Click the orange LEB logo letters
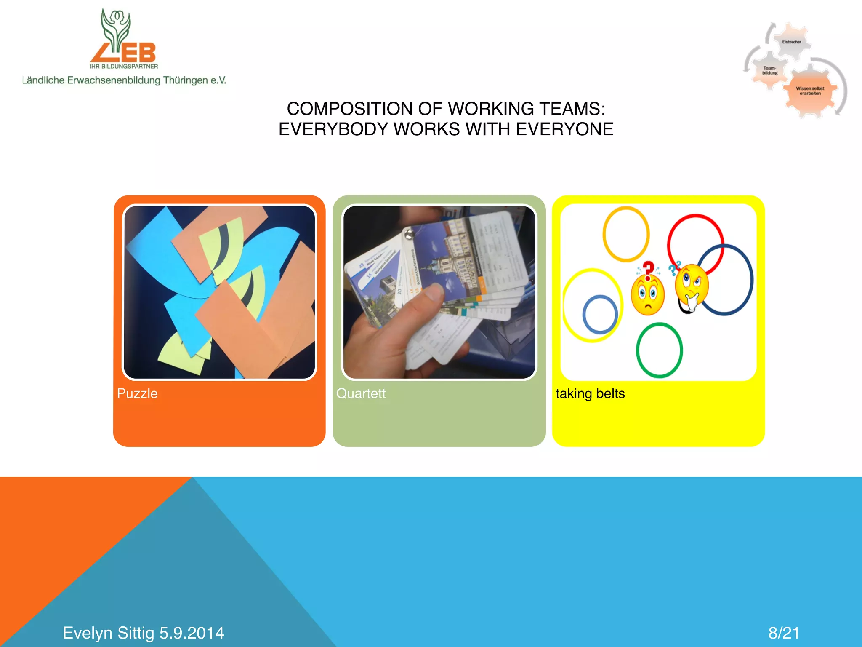click(x=124, y=53)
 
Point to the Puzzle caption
click(x=137, y=393)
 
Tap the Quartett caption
click(x=361, y=393)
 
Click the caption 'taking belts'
click(x=590, y=393)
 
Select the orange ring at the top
click(x=626, y=209)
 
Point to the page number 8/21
click(x=784, y=633)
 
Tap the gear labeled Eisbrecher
click(x=791, y=42)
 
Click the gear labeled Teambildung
click(x=770, y=70)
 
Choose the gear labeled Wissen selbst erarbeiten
click(x=810, y=91)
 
